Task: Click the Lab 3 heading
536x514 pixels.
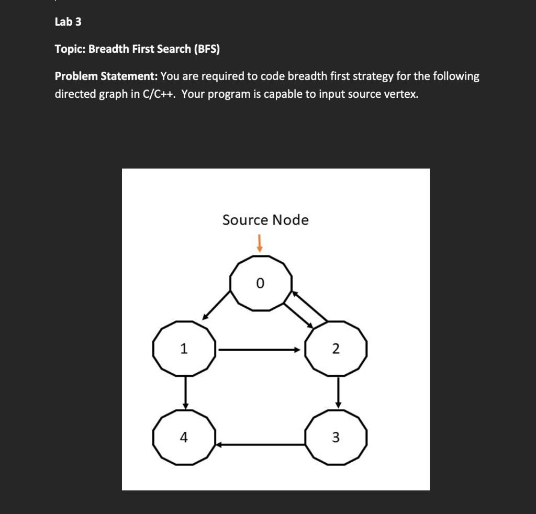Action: pyautogui.click(x=68, y=22)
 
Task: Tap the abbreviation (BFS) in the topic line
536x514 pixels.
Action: pyautogui.click(x=207, y=49)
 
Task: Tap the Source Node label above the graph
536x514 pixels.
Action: pyautogui.click(x=265, y=220)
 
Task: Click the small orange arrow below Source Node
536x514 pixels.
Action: pyautogui.click(x=259, y=242)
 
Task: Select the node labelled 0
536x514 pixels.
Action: pyautogui.click(x=260, y=283)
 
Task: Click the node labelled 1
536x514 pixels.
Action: pyautogui.click(x=184, y=348)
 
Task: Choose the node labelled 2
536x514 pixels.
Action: pyautogui.click(x=336, y=348)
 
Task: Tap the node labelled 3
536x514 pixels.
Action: pyautogui.click(x=336, y=437)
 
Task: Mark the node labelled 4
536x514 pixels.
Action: pyautogui.click(x=184, y=437)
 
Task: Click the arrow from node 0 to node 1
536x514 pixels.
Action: pyautogui.click(x=217, y=305)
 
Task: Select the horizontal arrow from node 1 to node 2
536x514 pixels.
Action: pyautogui.click(x=260, y=349)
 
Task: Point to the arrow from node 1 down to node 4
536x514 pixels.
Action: pyautogui.click(x=185, y=393)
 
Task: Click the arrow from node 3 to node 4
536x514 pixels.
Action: pyautogui.click(x=260, y=445)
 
